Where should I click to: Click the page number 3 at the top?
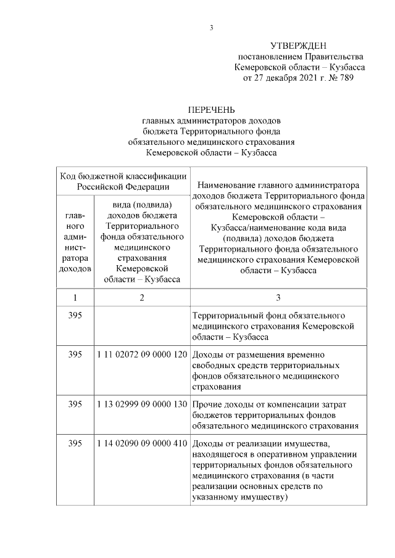coord(211,28)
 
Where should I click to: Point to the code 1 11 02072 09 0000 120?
coord(142,355)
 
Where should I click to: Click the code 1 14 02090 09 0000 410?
coord(142,443)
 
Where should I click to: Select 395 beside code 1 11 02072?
coord(75,355)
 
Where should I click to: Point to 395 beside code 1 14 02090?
coord(75,443)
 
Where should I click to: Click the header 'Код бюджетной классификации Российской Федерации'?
coord(123,181)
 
